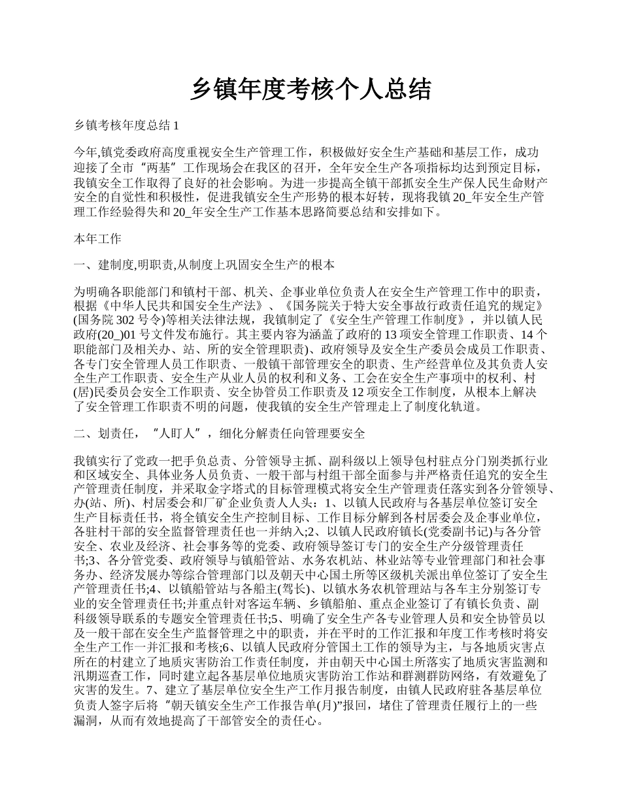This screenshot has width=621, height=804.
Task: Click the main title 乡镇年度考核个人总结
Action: (x=310, y=89)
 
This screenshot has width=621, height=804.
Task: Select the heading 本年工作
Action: (x=97, y=239)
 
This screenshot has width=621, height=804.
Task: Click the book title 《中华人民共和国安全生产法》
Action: (x=190, y=306)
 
